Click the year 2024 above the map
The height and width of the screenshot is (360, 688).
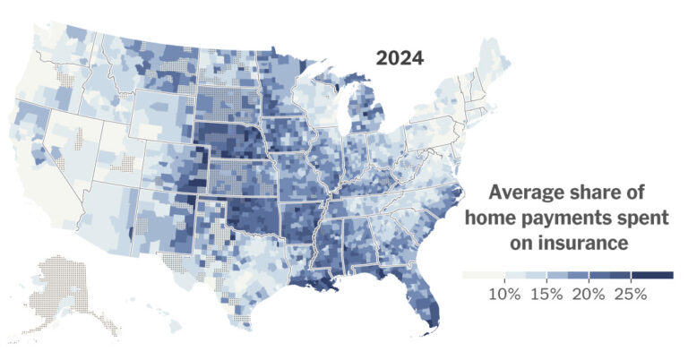click(400, 59)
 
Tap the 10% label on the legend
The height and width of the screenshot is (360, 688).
click(504, 295)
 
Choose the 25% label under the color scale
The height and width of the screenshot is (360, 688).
click(631, 295)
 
